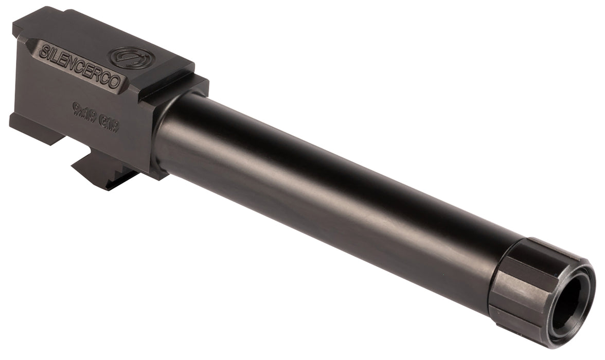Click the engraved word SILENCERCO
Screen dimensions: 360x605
pyautogui.click(x=80, y=65)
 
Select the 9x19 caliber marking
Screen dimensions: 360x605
pyautogui.click(x=83, y=110)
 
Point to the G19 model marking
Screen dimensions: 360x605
pyautogui.click(x=110, y=124)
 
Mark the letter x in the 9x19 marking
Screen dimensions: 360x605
pyautogui.click(x=82, y=110)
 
